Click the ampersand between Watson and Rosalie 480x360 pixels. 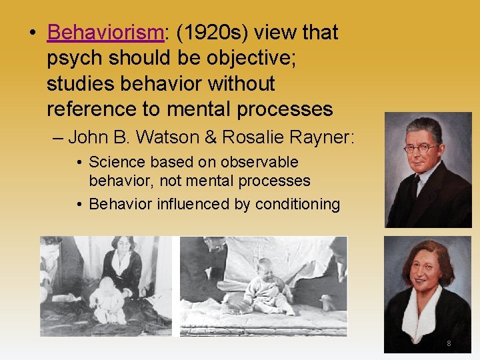click(213, 137)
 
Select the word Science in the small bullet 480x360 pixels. click(115, 162)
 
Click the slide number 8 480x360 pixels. click(449, 343)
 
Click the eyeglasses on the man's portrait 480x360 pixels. click(421, 148)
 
